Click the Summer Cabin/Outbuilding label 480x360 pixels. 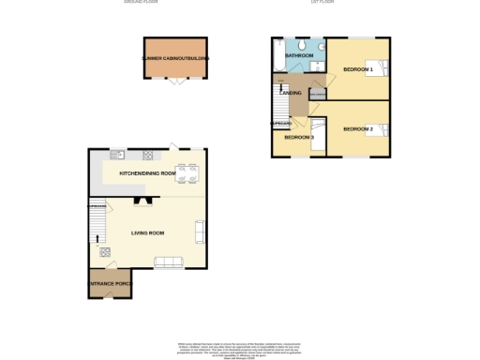coord(175,58)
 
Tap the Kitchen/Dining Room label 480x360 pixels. coord(147,174)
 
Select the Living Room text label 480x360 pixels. coord(147,232)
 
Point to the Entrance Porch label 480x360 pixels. coord(111,283)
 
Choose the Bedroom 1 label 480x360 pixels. coord(357,70)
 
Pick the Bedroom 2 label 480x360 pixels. coord(358,128)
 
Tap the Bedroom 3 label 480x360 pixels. coord(299,138)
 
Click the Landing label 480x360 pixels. coord(291,94)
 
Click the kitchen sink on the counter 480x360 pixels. coord(123,155)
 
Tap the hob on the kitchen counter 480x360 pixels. coord(148,155)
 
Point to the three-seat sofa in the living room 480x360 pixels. coord(170,262)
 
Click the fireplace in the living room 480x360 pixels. coord(143,200)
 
